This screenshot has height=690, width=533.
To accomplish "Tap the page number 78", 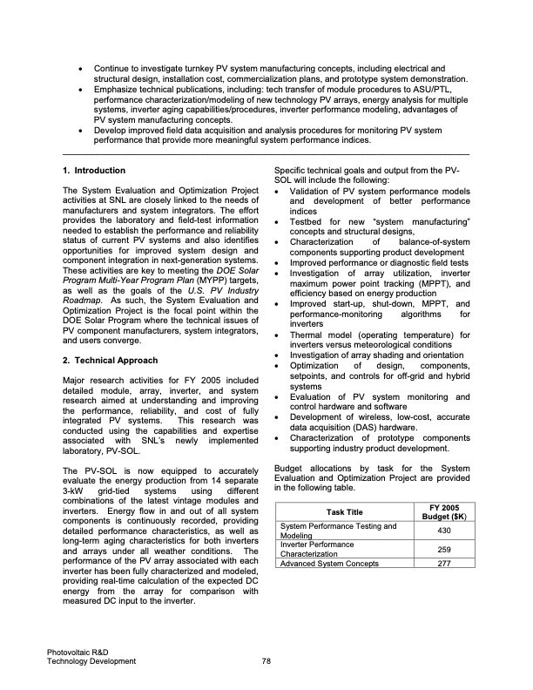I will point(266,662).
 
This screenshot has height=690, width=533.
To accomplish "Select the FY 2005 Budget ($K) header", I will point(443,511).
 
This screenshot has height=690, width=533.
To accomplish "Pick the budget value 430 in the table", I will point(443,531).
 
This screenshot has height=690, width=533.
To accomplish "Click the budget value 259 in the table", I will point(443,550).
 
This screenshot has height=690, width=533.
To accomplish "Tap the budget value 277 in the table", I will point(443,564).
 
